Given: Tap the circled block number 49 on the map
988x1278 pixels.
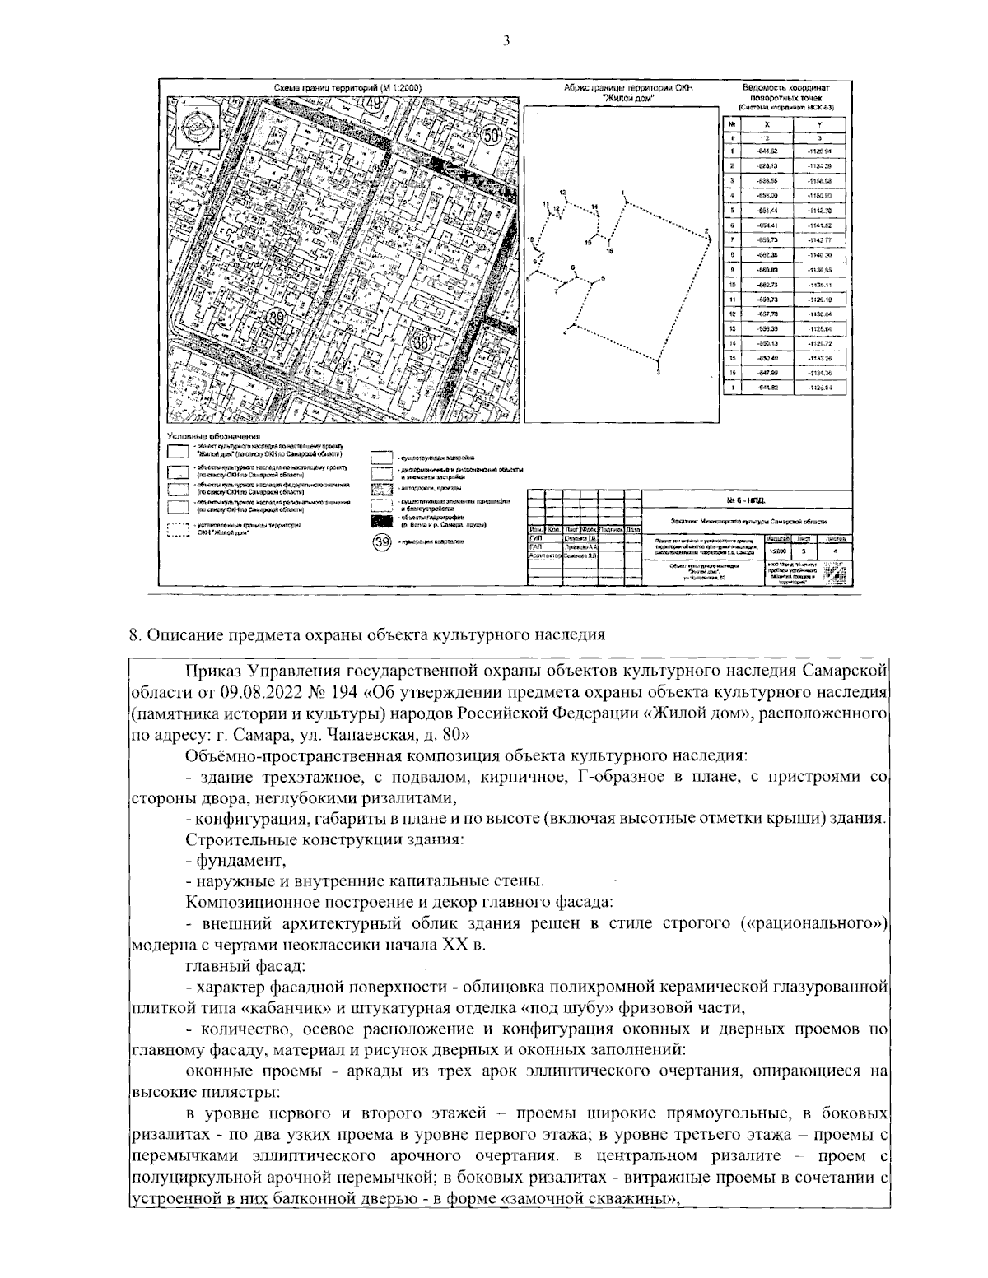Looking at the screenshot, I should (x=375, y=103).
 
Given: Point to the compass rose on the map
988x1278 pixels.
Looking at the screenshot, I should (x=198, y=126).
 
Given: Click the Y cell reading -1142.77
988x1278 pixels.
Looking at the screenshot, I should (x=818, y=239).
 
